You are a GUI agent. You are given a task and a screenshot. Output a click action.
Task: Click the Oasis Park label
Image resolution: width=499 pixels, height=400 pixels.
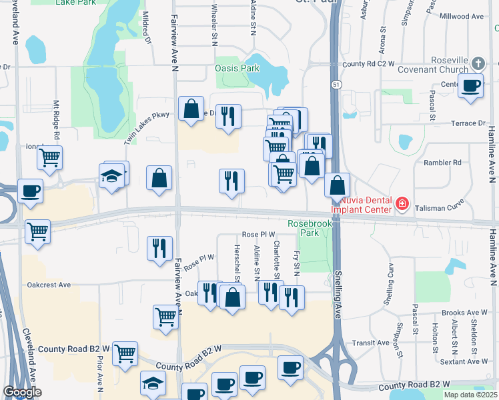237,68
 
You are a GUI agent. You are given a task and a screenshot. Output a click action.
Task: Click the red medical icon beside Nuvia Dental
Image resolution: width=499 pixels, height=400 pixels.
402,203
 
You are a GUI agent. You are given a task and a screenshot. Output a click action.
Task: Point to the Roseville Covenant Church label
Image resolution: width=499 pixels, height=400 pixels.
432,73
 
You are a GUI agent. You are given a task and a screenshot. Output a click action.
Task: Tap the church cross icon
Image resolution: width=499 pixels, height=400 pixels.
477,64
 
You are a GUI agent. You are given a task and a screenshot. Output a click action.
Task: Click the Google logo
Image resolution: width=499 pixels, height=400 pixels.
22,392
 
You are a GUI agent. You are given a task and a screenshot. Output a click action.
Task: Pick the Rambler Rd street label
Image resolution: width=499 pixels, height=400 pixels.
442,162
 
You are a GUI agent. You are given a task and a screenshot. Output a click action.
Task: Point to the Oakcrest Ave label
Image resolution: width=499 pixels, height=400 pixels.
49,285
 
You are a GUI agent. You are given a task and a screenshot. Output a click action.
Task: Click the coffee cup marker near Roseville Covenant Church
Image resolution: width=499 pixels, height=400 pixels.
471,86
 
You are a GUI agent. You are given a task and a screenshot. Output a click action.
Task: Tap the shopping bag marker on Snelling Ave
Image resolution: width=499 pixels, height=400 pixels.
338,184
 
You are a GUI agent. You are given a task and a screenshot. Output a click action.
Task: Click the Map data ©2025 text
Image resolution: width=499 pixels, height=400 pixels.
470,395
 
